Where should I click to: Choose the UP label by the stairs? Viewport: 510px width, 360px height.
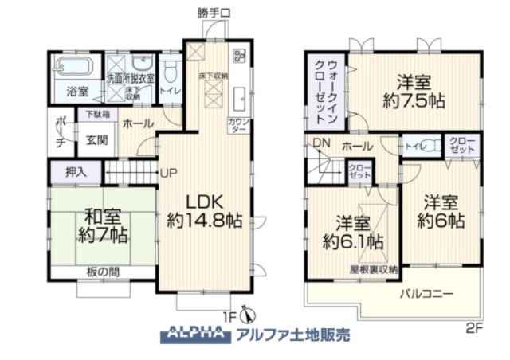click(168, 172)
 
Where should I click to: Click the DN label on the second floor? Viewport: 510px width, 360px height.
click(320, 143)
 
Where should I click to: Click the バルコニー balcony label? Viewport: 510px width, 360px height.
click(426, 294)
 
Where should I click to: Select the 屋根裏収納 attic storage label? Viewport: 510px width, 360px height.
click(373, 270)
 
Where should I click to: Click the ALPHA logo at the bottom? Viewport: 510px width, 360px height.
click(194, 335)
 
